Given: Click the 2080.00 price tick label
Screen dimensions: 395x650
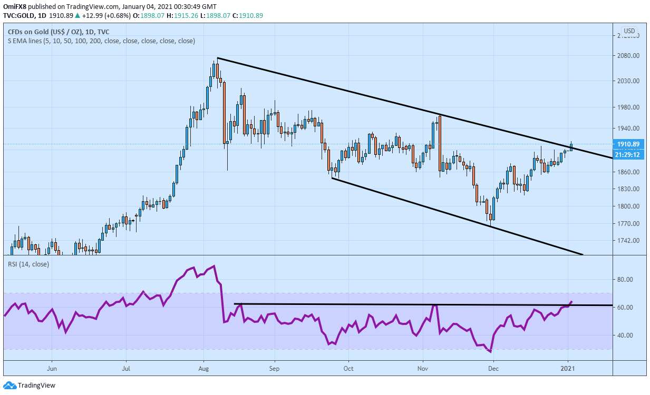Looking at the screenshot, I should tap(628, 55).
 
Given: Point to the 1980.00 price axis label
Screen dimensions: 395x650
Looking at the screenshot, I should tap(628, 107).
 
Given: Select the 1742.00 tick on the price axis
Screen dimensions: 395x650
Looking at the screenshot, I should tap(628, 241).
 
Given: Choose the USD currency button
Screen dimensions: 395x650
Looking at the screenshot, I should tap(629, 31).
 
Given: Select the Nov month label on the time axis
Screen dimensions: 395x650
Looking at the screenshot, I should tap(422, 369).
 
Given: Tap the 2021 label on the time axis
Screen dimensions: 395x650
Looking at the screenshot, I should tap(568, 369).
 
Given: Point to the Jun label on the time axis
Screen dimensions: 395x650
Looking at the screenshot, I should tap(52, 369).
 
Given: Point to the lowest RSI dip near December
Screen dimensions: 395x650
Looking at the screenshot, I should tap(490, 351).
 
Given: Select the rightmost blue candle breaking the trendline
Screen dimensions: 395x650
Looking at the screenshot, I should tap(571, 147).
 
